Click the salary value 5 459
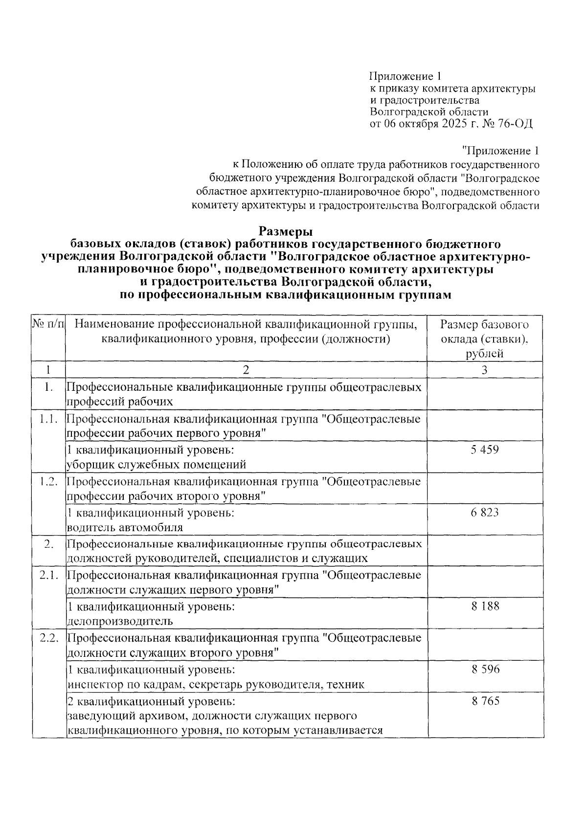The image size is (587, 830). tap(484, 449)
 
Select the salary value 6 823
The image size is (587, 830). tap(484, 512)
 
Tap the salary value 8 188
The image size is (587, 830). tap(485, 606)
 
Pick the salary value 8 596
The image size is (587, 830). tap(485, 669)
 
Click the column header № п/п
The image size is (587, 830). tap(48, 324)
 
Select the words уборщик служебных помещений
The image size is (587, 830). tap(156, 464)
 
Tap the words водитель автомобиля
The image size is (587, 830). tap(125, 527)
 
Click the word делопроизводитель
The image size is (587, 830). tap(120, 621)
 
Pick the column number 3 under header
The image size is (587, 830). tap(484, 370)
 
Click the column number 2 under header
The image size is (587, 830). tap(246, 370)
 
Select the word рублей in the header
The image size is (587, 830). tap(484, 354)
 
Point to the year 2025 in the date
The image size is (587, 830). tap(454, 124)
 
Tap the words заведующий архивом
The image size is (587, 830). tap(127, 716)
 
